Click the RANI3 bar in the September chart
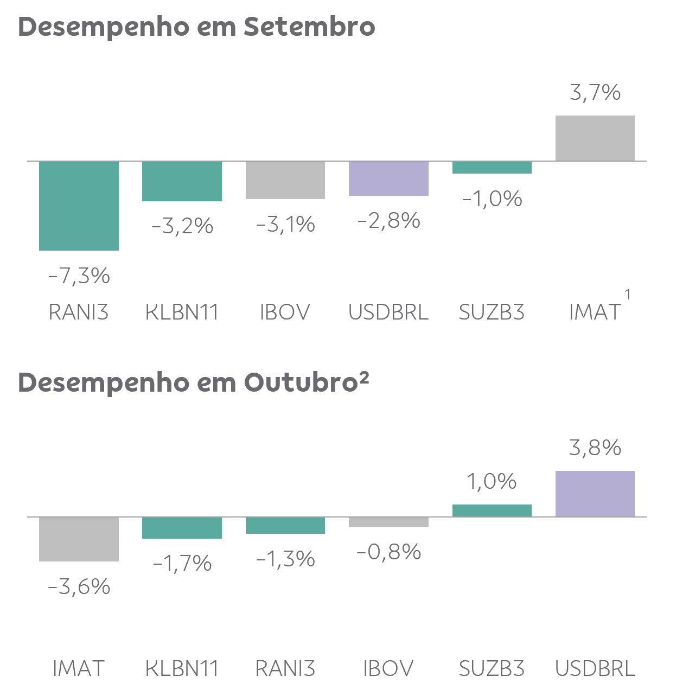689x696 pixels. (79, 206)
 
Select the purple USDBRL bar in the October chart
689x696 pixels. (595, 494)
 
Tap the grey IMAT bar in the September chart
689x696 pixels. (595, 138)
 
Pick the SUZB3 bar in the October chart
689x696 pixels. (492, 510)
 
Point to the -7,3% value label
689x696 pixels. (79, 276)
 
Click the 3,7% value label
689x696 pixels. (595, 92)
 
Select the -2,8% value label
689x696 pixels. (389, 220)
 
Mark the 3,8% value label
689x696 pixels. (595, 448)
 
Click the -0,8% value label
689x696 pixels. (389, 552)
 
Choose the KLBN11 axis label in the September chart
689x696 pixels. (182, 312)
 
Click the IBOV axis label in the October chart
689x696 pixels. (388, 668)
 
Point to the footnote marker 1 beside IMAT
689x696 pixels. (628, 295)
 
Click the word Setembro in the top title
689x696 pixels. (310, 27)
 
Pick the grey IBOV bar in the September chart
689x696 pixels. (285, 180)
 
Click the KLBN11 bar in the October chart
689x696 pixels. (182, 528)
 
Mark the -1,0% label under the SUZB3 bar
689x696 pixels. (492, 199)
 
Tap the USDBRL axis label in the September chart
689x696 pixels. (388, 312)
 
